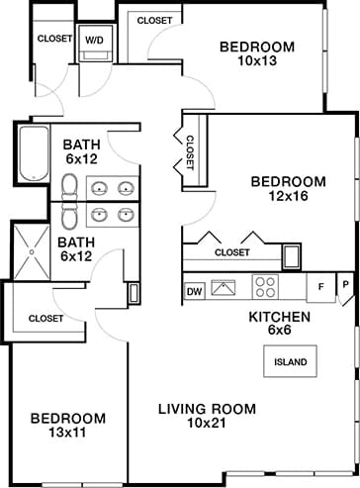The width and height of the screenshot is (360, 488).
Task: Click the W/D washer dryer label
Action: (95, 41)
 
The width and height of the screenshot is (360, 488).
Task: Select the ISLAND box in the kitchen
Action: (291, 361)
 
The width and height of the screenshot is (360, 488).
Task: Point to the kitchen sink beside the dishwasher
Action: (226, 290)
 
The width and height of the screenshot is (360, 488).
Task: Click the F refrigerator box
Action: (320, 287)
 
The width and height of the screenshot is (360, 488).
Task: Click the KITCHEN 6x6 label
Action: (280, 324)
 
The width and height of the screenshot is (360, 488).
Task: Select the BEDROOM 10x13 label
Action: (257, 54)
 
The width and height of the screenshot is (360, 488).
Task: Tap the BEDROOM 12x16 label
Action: (288, 189)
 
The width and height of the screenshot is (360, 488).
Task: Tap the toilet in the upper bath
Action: (69, 185)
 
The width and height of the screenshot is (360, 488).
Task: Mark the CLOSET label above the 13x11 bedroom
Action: (45, 319)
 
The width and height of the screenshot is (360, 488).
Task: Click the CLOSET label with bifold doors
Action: (231, 252)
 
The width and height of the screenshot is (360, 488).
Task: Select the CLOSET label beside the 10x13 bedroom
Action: (153, 20)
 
